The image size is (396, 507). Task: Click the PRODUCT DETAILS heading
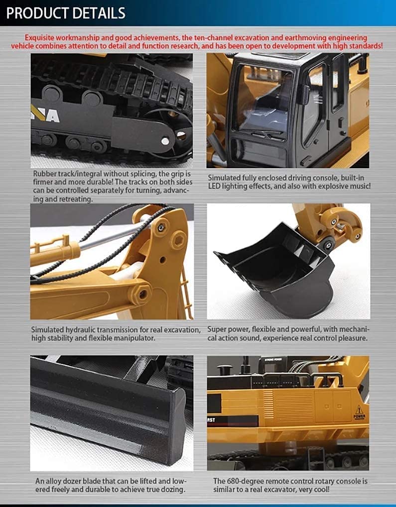pyautogui.click(x=66, y=13)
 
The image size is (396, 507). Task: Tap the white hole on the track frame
pyautogui.click(x=165, y=141)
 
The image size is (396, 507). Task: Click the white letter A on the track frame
pyautogui.click(x=53, y=116)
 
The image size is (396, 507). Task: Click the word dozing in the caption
pyautogui.click(x=175, y=490)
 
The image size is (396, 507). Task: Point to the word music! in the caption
pyautogui.click(x=360, y=186)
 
